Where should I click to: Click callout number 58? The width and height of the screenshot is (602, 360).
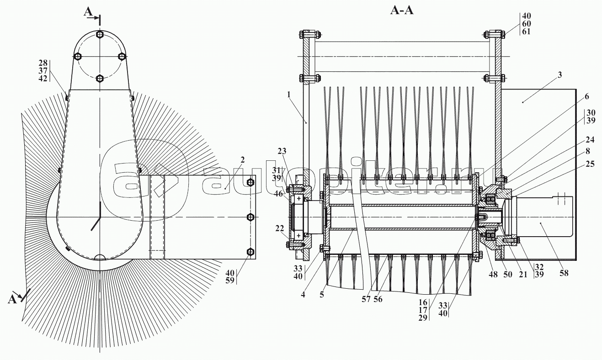(564, 273)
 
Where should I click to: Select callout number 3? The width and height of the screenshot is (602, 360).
(559, 74)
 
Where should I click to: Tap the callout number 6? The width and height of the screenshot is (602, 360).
(586, 96)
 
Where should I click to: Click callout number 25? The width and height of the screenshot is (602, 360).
(590, 164)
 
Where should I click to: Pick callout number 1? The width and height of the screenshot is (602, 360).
(288, 95)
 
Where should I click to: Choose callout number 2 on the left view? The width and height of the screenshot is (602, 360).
(243, 160)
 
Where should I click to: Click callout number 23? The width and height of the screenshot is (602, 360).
(282, 151)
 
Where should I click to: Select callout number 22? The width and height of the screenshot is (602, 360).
(279, 228)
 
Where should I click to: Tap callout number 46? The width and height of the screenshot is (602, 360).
(279, 193)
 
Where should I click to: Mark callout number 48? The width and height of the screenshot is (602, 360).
(493, 274)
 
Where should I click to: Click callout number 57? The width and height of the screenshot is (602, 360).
(366, 299)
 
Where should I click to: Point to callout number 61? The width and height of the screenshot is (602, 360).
(526, 32)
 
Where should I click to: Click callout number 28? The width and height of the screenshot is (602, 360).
(43, 63)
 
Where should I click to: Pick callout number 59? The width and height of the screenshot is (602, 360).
(230, 281)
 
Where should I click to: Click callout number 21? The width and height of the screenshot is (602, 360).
(523, 274)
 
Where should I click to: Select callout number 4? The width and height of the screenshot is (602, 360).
(303, 295)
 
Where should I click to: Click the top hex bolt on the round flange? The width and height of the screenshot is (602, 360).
(100, 35)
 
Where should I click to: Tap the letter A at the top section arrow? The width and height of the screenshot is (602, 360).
(88, 12)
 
